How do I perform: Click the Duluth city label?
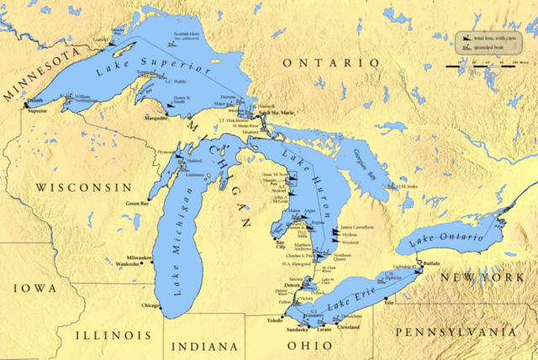(35, 103)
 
